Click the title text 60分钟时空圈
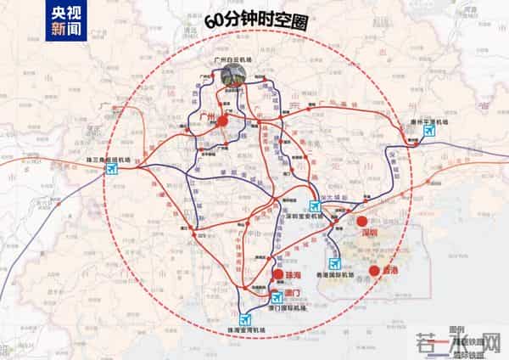(x=255, y=20)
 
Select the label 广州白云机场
(x=234, y=57)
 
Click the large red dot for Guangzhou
(x=223, y=121)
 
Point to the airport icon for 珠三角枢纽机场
(x=112, y=169)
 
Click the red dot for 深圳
(x=362, y=220)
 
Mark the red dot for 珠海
(x=277, y=275)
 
